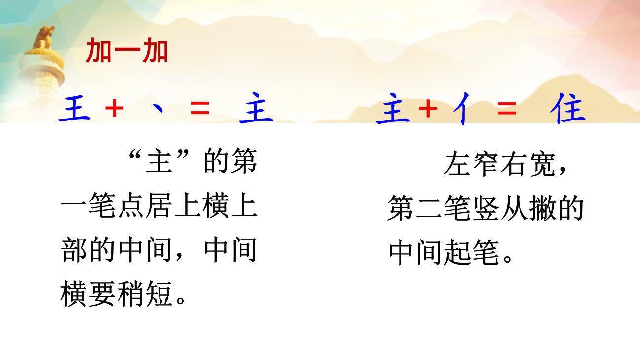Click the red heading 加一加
click(127, 51)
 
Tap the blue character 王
click(75, 109)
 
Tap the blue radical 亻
click(463, 110)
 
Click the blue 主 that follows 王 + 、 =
click(256, 109)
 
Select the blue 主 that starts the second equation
click(393, 110)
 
